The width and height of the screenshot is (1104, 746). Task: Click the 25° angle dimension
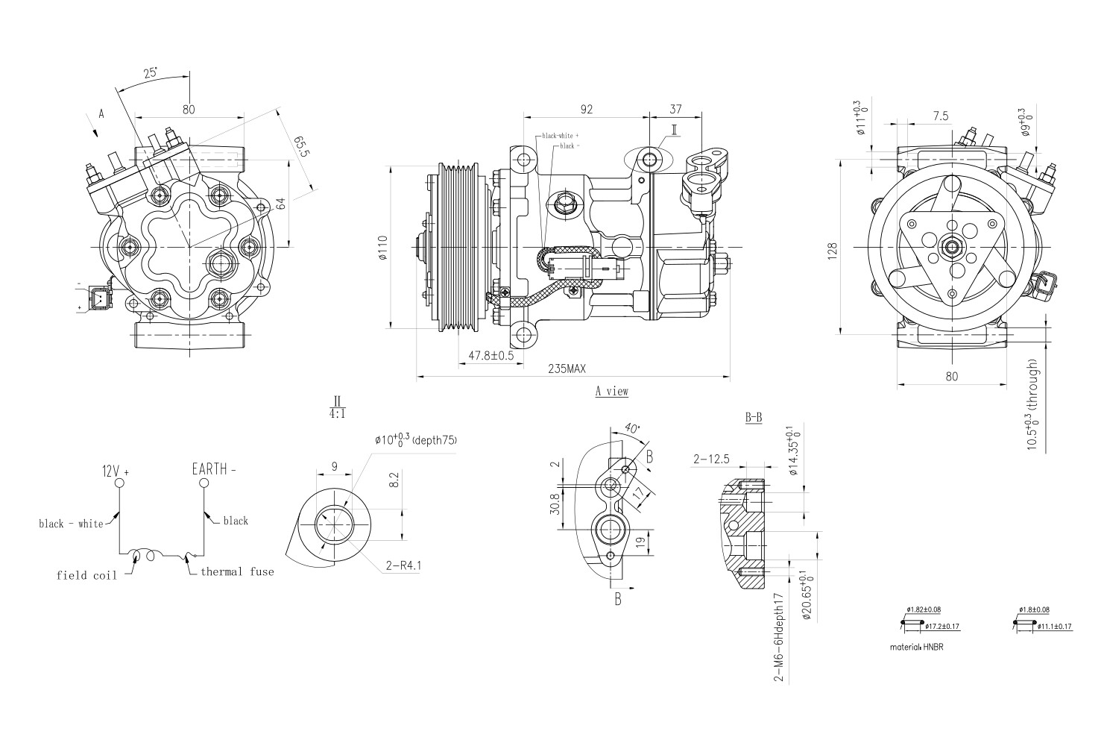coord(151,73)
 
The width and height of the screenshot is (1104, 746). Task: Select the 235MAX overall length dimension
coord(568,369)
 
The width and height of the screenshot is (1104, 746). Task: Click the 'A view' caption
coord(611,392)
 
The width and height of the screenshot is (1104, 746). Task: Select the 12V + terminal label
coord(116,471)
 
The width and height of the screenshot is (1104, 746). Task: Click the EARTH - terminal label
coord(214,470)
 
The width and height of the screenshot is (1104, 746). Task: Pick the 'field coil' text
coord(86,576)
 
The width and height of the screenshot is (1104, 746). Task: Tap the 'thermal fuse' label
coord(236,572)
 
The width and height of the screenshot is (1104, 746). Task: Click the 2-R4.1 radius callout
coord(404,565)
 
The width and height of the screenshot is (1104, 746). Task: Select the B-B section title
coord(754,419)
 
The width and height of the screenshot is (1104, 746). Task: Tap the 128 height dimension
coord(833,248)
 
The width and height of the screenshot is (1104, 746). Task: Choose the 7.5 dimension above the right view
coord(940,116)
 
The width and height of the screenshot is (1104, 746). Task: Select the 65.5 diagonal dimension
coord(301,147)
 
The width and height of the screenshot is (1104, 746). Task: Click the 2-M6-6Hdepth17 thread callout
coord(778,638)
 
